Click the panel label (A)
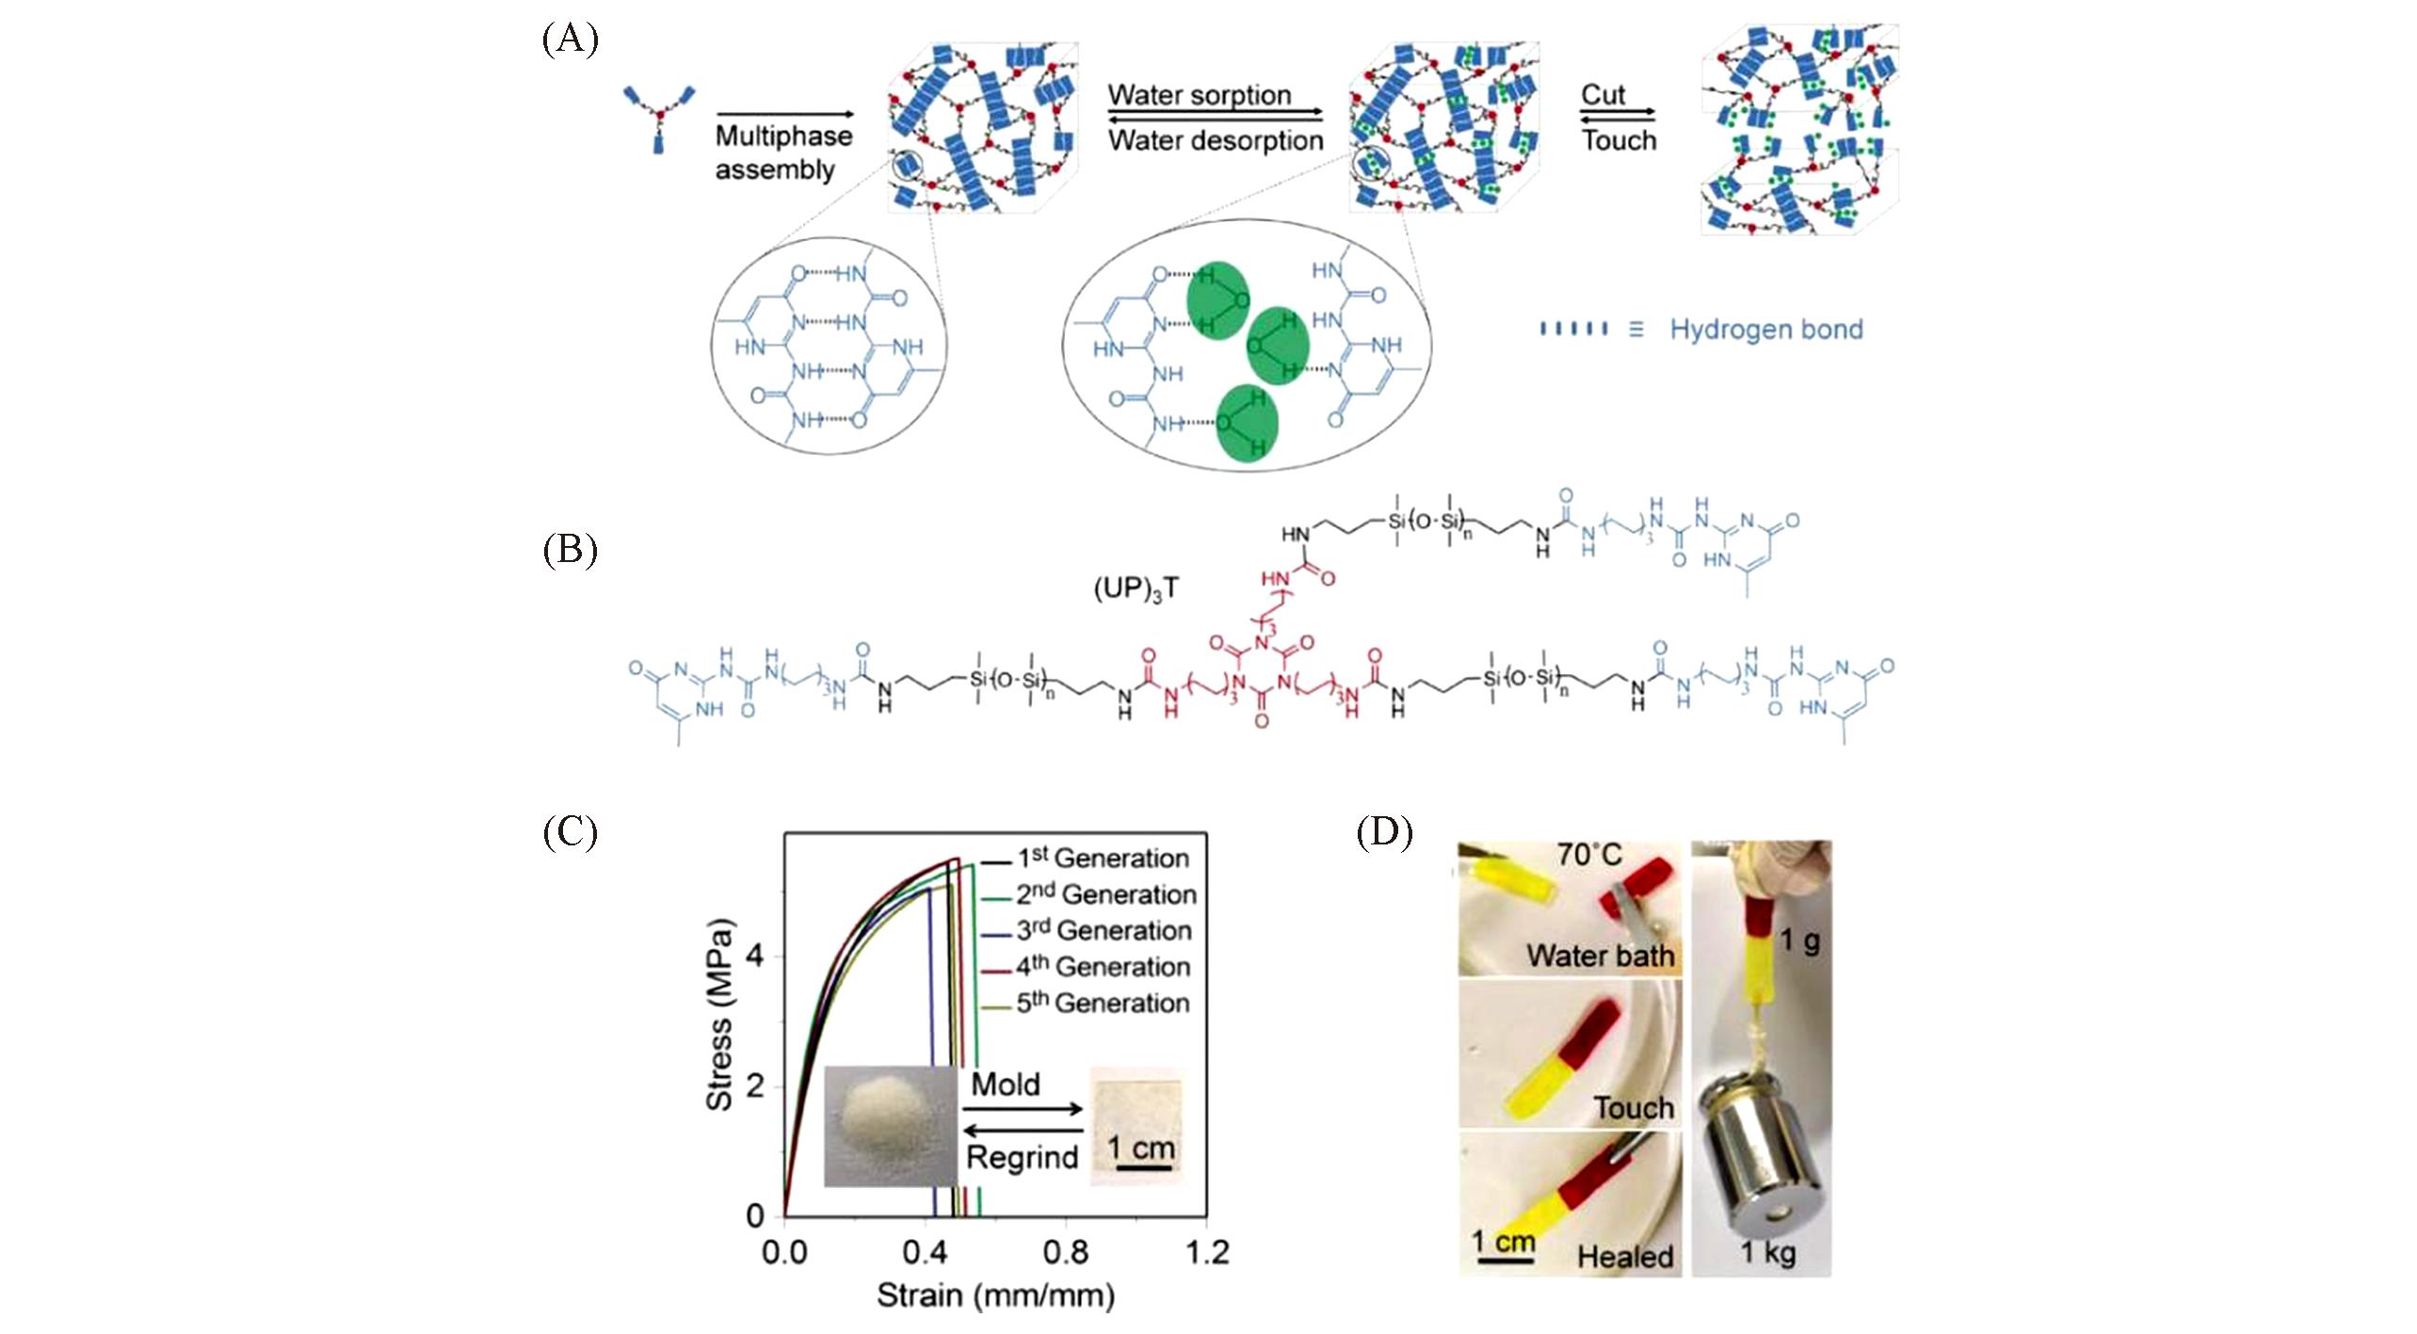[570, 40]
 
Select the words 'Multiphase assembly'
[782, 153]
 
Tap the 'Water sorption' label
[1199, 95]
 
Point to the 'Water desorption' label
[1215, 140]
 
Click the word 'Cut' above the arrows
[1603, 95]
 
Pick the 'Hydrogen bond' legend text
[1765, 329]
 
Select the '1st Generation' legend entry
[1103, 859]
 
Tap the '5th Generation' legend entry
[1103, 1004]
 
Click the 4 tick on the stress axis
[754, 956]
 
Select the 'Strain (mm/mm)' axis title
[995, 1296]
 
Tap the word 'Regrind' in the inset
[1022, 1157]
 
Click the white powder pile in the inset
[889, 1122]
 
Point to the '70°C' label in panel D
[1588, 855]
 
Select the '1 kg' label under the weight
[1766, 1252]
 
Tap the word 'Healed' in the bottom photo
[1625, 1257]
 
